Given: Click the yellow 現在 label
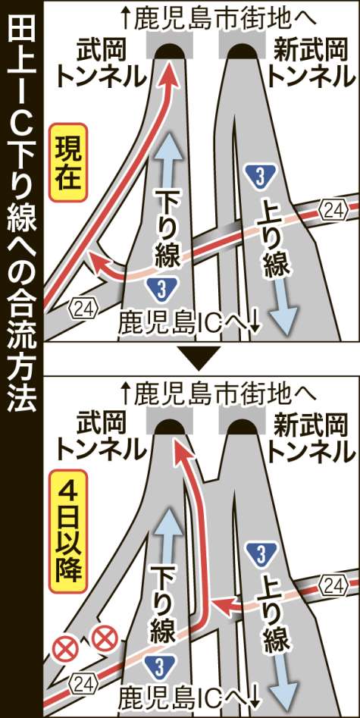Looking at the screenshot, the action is point(67,162).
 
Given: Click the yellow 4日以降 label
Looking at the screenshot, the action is point(67,531).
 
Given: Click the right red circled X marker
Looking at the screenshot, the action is point(105,638).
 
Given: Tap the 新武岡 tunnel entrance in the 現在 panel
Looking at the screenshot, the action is point(242,51).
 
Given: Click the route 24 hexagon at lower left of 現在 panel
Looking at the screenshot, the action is point(84,310).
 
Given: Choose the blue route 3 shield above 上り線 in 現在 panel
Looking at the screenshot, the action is point(260,177).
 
